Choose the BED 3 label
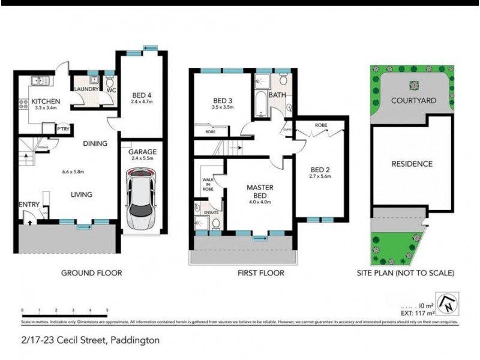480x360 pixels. tap(223, 100)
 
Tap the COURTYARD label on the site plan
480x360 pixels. tap(413, 100)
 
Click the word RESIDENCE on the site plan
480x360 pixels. tap(412, 163)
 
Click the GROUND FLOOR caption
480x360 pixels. tap(92, 273)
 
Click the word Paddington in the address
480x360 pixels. tap(133, 340)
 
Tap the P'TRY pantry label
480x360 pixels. tap(61, 129)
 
